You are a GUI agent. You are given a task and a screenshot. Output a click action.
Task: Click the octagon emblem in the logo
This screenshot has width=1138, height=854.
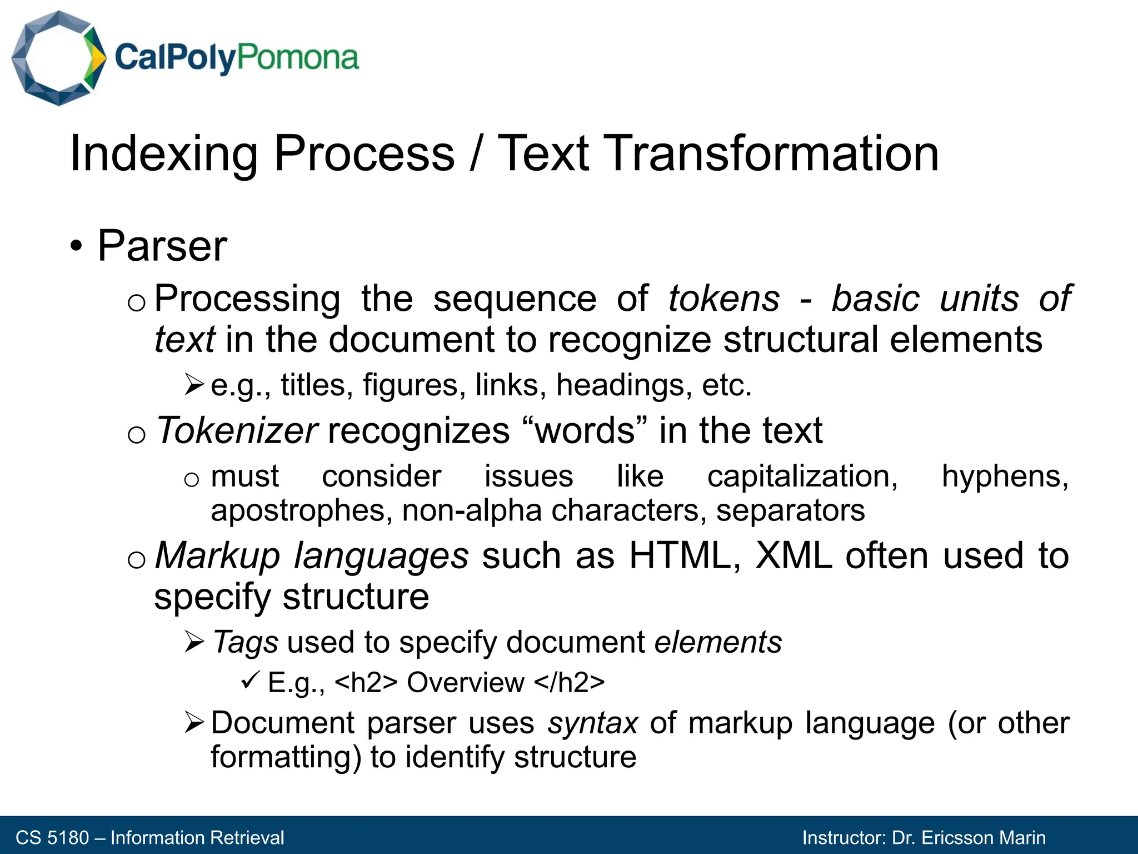[58, 58]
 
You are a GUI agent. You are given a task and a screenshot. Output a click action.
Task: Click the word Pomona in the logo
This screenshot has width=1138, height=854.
[298, 58]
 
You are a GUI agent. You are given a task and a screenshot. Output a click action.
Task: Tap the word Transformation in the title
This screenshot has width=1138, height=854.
[717, 153]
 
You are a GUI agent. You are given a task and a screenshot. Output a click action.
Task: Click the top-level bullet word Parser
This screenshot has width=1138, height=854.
[162, 246]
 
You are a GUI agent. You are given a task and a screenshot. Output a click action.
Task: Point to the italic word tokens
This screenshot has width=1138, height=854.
[723, 299]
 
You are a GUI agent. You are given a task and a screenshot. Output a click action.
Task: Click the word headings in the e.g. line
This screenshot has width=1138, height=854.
[624, 385]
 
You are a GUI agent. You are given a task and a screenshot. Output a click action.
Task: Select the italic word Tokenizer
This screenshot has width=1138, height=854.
[237, 430]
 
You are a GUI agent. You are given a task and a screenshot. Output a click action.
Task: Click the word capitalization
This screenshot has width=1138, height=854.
[802, 476]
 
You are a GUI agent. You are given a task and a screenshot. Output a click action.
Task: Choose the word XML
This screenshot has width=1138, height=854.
[794, 555]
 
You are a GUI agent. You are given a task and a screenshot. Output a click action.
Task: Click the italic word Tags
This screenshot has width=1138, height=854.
[245, 642]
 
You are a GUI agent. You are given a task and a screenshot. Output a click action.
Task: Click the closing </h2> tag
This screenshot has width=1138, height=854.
[569, 683]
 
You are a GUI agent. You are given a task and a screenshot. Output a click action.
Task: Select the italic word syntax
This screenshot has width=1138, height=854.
[592, 723]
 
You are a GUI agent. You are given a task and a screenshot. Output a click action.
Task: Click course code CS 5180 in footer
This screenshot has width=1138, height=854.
[52, 837]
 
